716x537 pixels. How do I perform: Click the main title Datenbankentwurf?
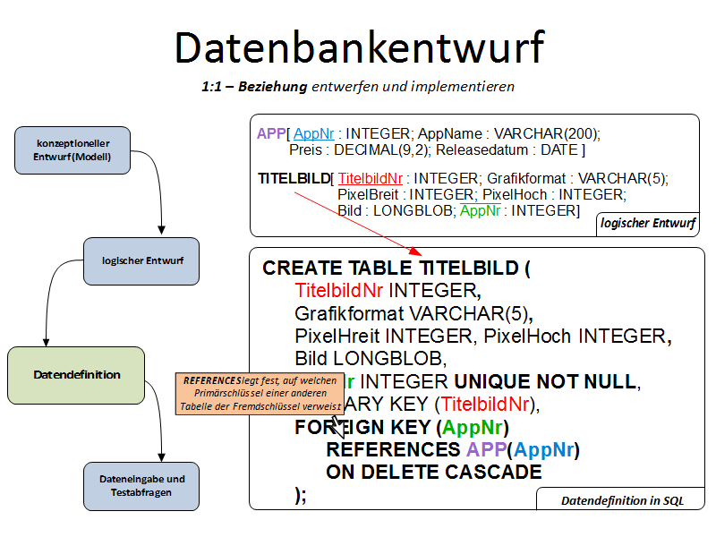(x=358, y=47)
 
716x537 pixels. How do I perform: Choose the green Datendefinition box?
(x=76, y=375)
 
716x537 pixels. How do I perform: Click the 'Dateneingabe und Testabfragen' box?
(x=141, y=486)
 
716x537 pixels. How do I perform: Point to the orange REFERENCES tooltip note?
(x=259, y=393)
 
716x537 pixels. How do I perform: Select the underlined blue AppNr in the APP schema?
(x=313, y=133)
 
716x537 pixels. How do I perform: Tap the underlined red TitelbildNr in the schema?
(x=371, y=178)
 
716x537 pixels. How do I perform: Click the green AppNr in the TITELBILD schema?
(x=479, y=210)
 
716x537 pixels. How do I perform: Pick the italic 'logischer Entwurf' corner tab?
(x=648, y=223)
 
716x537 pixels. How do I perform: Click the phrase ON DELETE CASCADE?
(x=434, y=472)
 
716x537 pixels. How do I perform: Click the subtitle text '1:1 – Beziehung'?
(x=254, y=87)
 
